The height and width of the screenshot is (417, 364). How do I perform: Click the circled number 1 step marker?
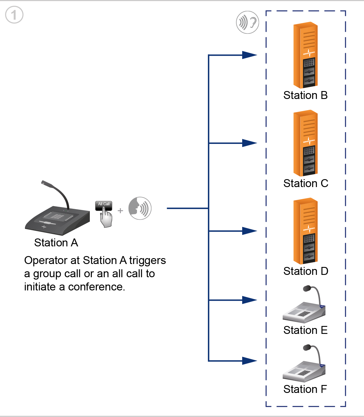pyautogui.click(x=14, y=15)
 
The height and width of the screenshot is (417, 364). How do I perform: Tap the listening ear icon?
pyautogui.click(x=247, y=22)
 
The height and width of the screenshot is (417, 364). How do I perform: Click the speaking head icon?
pyautogui.click(x=140, y=208)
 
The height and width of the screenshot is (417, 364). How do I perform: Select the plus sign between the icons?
pyautogui.click(x=120, y=211)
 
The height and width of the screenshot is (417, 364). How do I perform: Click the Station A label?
pyautogui.click(x=56, y=243)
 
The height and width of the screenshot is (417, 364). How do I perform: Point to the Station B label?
pyautogui.click(x=305, y=95)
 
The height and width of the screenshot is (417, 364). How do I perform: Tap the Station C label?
pyautogui.click(x=306, y=183)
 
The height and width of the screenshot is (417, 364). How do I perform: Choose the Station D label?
pyautogui.click(x=306, y=271)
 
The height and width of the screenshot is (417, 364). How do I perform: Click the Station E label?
pyautogui.click(x=305, y=330)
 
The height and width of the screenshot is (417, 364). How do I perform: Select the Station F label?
pyautogui.click(x=305, y=389)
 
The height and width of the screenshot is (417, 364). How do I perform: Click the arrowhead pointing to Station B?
pyautogui.click(x=250, y=55)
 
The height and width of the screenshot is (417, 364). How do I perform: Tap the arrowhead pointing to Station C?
pyautogui.click(x=250, y=143)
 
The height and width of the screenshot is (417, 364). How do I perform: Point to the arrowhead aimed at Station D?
pyautogui.click(x=250, y=231)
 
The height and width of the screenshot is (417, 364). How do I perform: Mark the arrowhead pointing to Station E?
pyautogui.click(x=250, y=300)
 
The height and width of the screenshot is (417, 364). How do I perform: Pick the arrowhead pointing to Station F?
pyautogui.click(x=250, y=361)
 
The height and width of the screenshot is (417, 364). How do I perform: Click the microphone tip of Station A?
pyautogui.click(x=43, y=182)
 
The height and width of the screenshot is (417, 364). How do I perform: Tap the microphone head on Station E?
pyautogui.click(x=307, y=288)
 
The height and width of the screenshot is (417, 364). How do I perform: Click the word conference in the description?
pyautogui.click(x=96, y=287)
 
